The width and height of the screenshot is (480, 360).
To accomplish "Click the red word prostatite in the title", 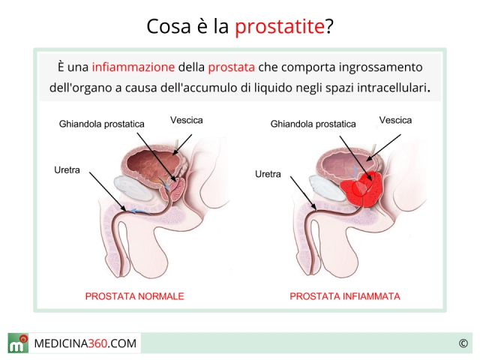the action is click(x=280, y=27).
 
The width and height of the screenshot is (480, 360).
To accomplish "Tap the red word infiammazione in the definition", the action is click(x=133, y=67).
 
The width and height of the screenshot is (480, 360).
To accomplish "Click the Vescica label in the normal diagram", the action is click(x=187, y=120).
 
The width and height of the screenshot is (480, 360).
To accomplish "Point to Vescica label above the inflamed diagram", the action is click(x=395, y=120).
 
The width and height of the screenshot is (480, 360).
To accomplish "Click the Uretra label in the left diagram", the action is click(x=67, y=170).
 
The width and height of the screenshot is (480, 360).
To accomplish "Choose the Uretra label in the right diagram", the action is click(x=268, y=174).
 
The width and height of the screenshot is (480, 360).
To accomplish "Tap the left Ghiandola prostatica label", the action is click(x=102, y=124).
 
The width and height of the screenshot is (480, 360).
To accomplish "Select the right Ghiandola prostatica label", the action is click(x=313, y=124).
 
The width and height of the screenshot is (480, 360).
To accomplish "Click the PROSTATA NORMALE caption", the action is click(x=135, y=296).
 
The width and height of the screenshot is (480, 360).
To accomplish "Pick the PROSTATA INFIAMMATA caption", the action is click(x=345, y=296).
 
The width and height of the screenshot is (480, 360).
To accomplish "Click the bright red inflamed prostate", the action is click(x=361, y=190).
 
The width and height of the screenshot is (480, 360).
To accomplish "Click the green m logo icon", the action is click(x=18, y=343).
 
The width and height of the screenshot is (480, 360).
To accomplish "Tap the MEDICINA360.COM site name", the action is click(x=85, y=343).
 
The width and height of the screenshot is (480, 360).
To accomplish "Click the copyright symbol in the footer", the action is click(x=463, y=343).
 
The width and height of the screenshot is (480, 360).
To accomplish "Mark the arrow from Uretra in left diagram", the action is click(x=107, y=192).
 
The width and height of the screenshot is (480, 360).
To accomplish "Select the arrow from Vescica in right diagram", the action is click(x=383, y=148).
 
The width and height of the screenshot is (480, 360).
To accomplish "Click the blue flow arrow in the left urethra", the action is click(x=139, y=211).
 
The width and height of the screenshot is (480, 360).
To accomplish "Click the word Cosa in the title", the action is click(x=169, y=27).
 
